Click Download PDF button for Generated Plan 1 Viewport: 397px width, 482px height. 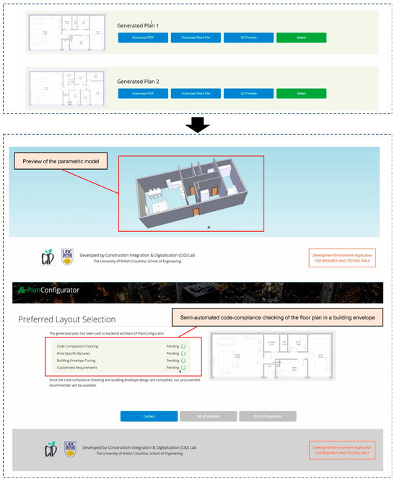point(143,38)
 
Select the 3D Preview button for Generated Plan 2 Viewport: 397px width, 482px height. point(248,92)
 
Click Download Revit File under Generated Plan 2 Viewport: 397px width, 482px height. point(196,92)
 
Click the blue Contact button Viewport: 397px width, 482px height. point(149,416)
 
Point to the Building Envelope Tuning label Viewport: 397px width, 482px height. point(81,361)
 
